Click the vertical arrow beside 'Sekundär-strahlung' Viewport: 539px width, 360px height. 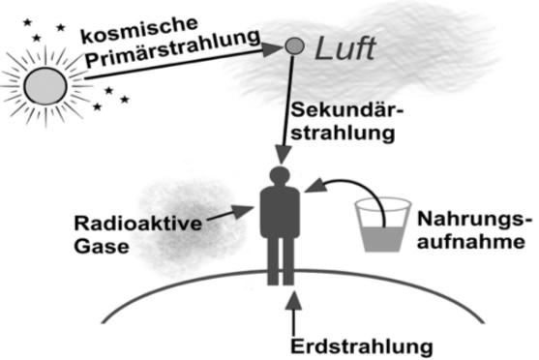(288, 106)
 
